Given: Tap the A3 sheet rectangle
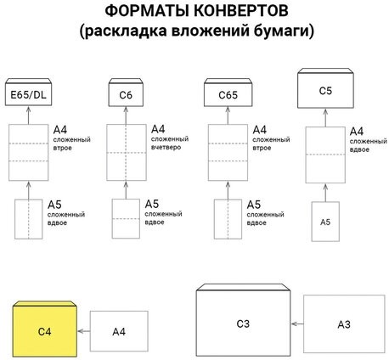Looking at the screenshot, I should coord(343,323).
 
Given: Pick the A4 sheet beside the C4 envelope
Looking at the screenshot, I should coord(119,332).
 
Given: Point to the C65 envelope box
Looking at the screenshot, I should coord(226,93).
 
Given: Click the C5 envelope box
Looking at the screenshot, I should coord(325,89).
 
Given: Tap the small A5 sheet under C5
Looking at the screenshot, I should coord(325,220).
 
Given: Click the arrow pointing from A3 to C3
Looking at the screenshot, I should coord(296,323).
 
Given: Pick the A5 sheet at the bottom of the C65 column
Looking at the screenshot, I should coord(226,221).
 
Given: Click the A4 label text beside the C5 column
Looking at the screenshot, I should coord(356,130).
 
